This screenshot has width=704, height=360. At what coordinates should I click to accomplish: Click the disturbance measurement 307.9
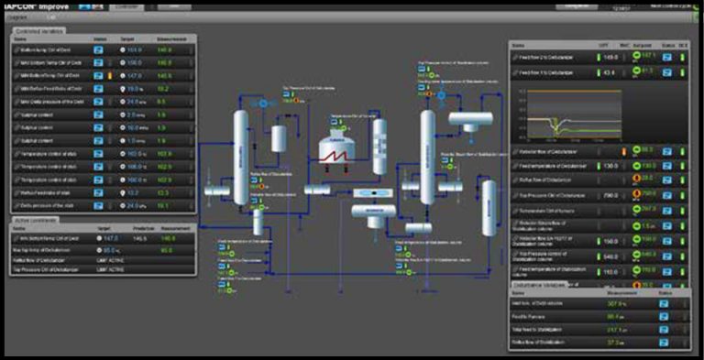(614, 303)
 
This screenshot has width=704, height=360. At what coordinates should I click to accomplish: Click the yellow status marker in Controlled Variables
(108, 76)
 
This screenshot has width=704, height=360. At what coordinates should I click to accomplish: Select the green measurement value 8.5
(161, 102)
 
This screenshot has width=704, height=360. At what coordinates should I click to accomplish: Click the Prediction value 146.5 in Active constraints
(139, 238)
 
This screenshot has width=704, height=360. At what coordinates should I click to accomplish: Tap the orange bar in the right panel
(623, 149)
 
